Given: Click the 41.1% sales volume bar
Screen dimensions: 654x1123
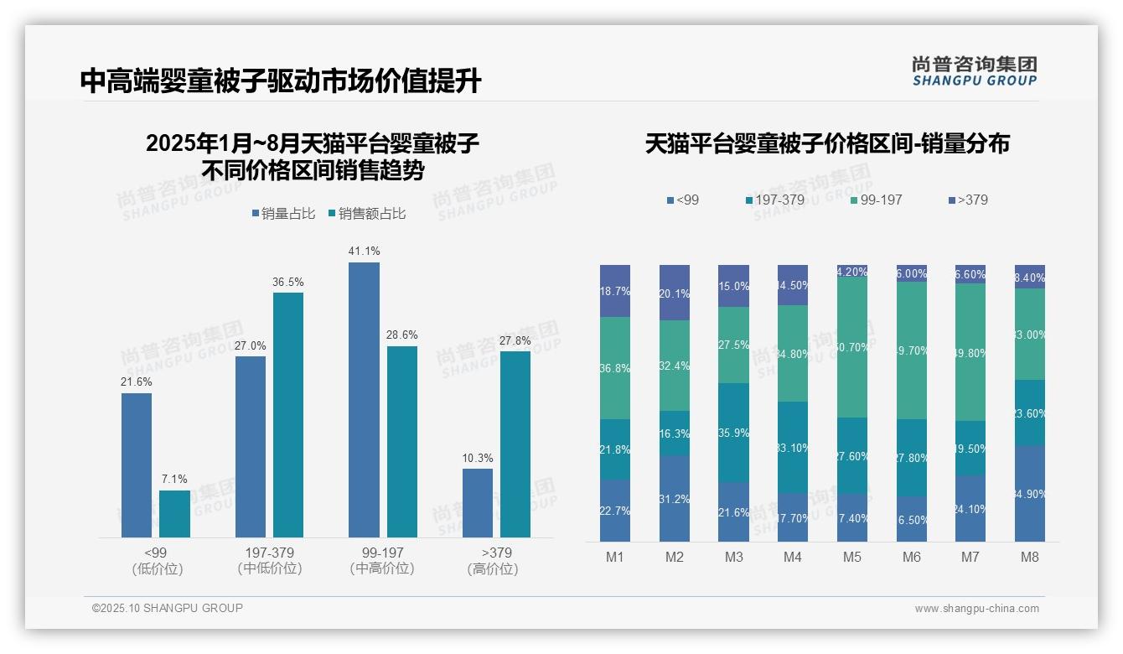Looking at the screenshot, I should click(364, 399).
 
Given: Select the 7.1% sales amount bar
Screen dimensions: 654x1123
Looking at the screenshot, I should click(174, 513).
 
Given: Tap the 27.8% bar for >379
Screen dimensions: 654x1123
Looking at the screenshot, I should click(515, 444).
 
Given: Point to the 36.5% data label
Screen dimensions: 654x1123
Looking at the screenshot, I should click(287, 283).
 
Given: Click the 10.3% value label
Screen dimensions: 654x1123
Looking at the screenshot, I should click(478, 459).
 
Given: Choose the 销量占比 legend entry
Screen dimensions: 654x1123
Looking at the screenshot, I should click(283, 214).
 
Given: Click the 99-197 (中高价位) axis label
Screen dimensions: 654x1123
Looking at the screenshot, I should click(382, 561).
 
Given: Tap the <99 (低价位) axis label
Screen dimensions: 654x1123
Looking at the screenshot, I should click(157, 561).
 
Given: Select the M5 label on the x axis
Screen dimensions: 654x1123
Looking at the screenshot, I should click(852, 558).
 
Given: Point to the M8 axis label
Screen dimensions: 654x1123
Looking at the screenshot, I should click(1030, 558).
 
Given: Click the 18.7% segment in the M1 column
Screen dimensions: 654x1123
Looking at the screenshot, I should click(615, 291).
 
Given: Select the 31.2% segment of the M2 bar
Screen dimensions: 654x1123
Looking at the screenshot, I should click(675, 498).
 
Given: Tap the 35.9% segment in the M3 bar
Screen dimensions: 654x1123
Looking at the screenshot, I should click(733, 433).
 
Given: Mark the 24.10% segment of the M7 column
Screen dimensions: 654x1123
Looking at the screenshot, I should click(970, 508).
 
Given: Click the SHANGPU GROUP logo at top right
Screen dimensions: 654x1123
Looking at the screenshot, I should click(975, 71).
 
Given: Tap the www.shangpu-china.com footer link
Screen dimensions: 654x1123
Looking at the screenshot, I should click(976, 609).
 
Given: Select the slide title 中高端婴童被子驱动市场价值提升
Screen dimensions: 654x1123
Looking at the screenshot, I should click(281, 80).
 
